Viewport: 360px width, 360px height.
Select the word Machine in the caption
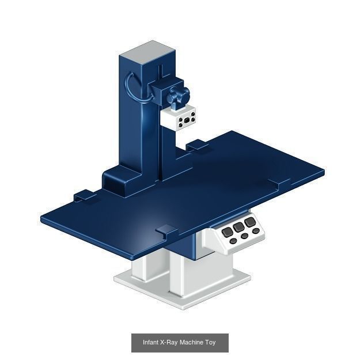coord(191,343)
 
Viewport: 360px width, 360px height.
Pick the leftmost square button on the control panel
coord(228,232)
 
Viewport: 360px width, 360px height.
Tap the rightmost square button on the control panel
coord(249,222)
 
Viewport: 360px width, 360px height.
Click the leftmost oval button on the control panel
coord(233,241)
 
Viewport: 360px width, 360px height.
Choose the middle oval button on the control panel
coord(245,236)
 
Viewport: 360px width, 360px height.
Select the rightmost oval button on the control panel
coord(256,231)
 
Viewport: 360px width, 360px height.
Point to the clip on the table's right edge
coord(281,183)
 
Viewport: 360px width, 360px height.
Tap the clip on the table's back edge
coord(196,145)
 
